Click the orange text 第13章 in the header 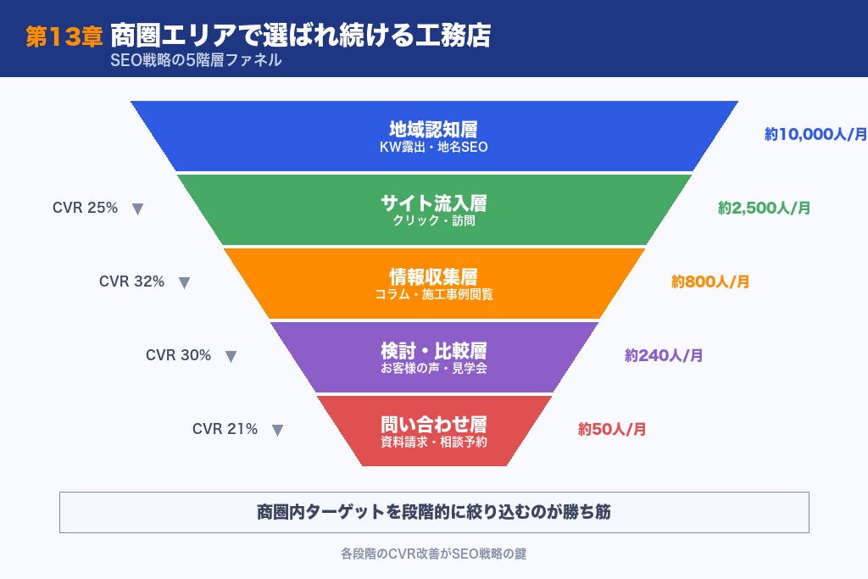coord(64,36)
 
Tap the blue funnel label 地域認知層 coord(433,129)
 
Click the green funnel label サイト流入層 coord(433,203)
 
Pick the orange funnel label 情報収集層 coord(433,277)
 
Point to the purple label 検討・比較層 coord(433,350)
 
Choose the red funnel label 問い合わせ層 coord(433,424)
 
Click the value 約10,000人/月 coord(815,134)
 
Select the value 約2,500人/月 coord(764,208)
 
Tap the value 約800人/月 coord(710,281)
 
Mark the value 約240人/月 coord(664,355)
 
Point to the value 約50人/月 coord(612,429)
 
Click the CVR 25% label coord(85,208)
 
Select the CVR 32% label coord(131,281)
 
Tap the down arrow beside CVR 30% coord(231,357)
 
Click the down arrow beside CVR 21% coord(277,431)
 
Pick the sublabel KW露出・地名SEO coord(433,148)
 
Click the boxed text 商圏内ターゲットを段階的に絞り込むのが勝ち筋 coord(434,512)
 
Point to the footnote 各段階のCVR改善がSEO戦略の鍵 coord(434,554)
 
